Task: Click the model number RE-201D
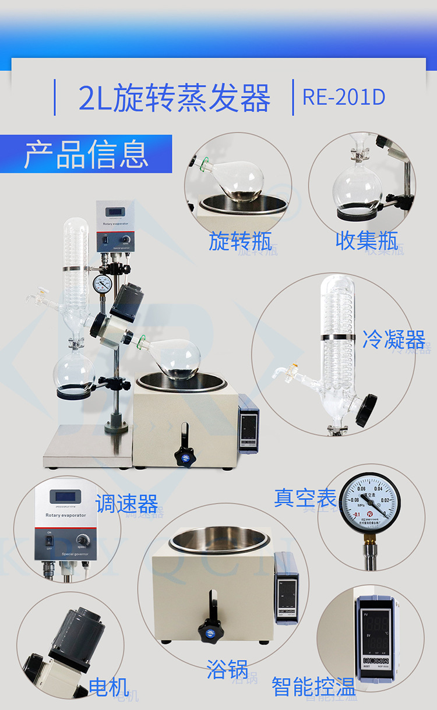tap(344, 97)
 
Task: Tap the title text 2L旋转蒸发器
tap(174, 98)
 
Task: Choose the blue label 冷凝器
tap(393, 338)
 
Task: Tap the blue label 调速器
tap(126, 503)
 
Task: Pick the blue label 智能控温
tap(314, 687)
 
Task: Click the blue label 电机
tap(108, 687)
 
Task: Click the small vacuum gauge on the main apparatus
tap(102, 284)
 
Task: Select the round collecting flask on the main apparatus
tap(74, 370)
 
